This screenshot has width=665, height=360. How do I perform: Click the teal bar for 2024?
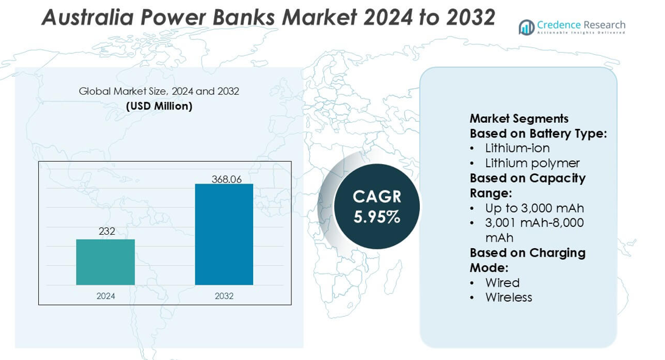[105, 262]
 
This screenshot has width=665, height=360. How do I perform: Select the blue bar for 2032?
[224, 234]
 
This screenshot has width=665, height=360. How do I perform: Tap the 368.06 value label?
[224, 179]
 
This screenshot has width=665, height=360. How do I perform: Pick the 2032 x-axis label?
[224, 296]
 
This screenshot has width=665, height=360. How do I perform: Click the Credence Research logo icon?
[526, 27]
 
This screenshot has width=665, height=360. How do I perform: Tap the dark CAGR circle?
[377, 206]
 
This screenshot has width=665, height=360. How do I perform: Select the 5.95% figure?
[377, 217]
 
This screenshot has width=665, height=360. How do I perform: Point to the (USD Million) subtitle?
[159, 106]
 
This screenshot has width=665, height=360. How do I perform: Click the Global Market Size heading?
[159, 91]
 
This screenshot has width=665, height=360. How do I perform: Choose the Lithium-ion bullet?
[517, 148]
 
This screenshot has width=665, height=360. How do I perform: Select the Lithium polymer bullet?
[532, 163]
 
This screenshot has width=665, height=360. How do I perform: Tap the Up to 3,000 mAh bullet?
[534, 208]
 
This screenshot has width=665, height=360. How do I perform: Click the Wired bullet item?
[502, 283]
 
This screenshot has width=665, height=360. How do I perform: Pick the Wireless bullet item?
[509, 297]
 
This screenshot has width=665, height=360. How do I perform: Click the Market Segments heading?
[519, 119]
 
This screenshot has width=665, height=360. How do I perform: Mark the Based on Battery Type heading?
[538, 133]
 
